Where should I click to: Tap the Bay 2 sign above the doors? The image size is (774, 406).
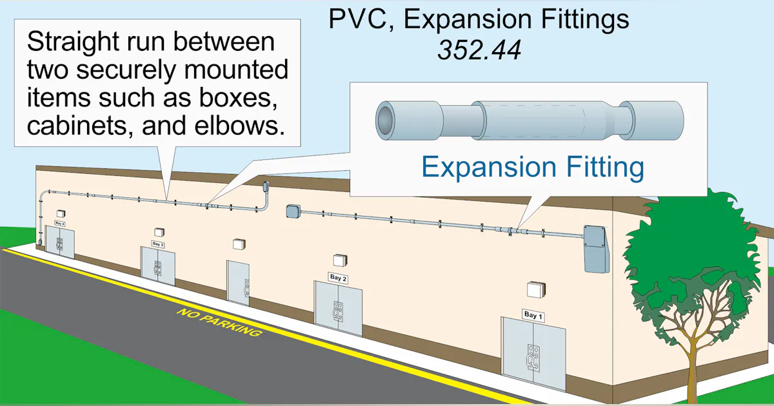338,278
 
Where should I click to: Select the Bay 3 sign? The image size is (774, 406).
158,244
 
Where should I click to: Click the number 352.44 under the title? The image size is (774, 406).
479,50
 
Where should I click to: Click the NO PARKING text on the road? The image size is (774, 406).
219,323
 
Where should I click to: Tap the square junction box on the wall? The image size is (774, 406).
293,212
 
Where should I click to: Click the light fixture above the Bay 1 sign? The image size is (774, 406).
535,289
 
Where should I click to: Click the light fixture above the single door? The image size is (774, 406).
239,244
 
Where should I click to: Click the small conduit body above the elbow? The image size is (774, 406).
264,186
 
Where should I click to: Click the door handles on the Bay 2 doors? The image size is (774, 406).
336,311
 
